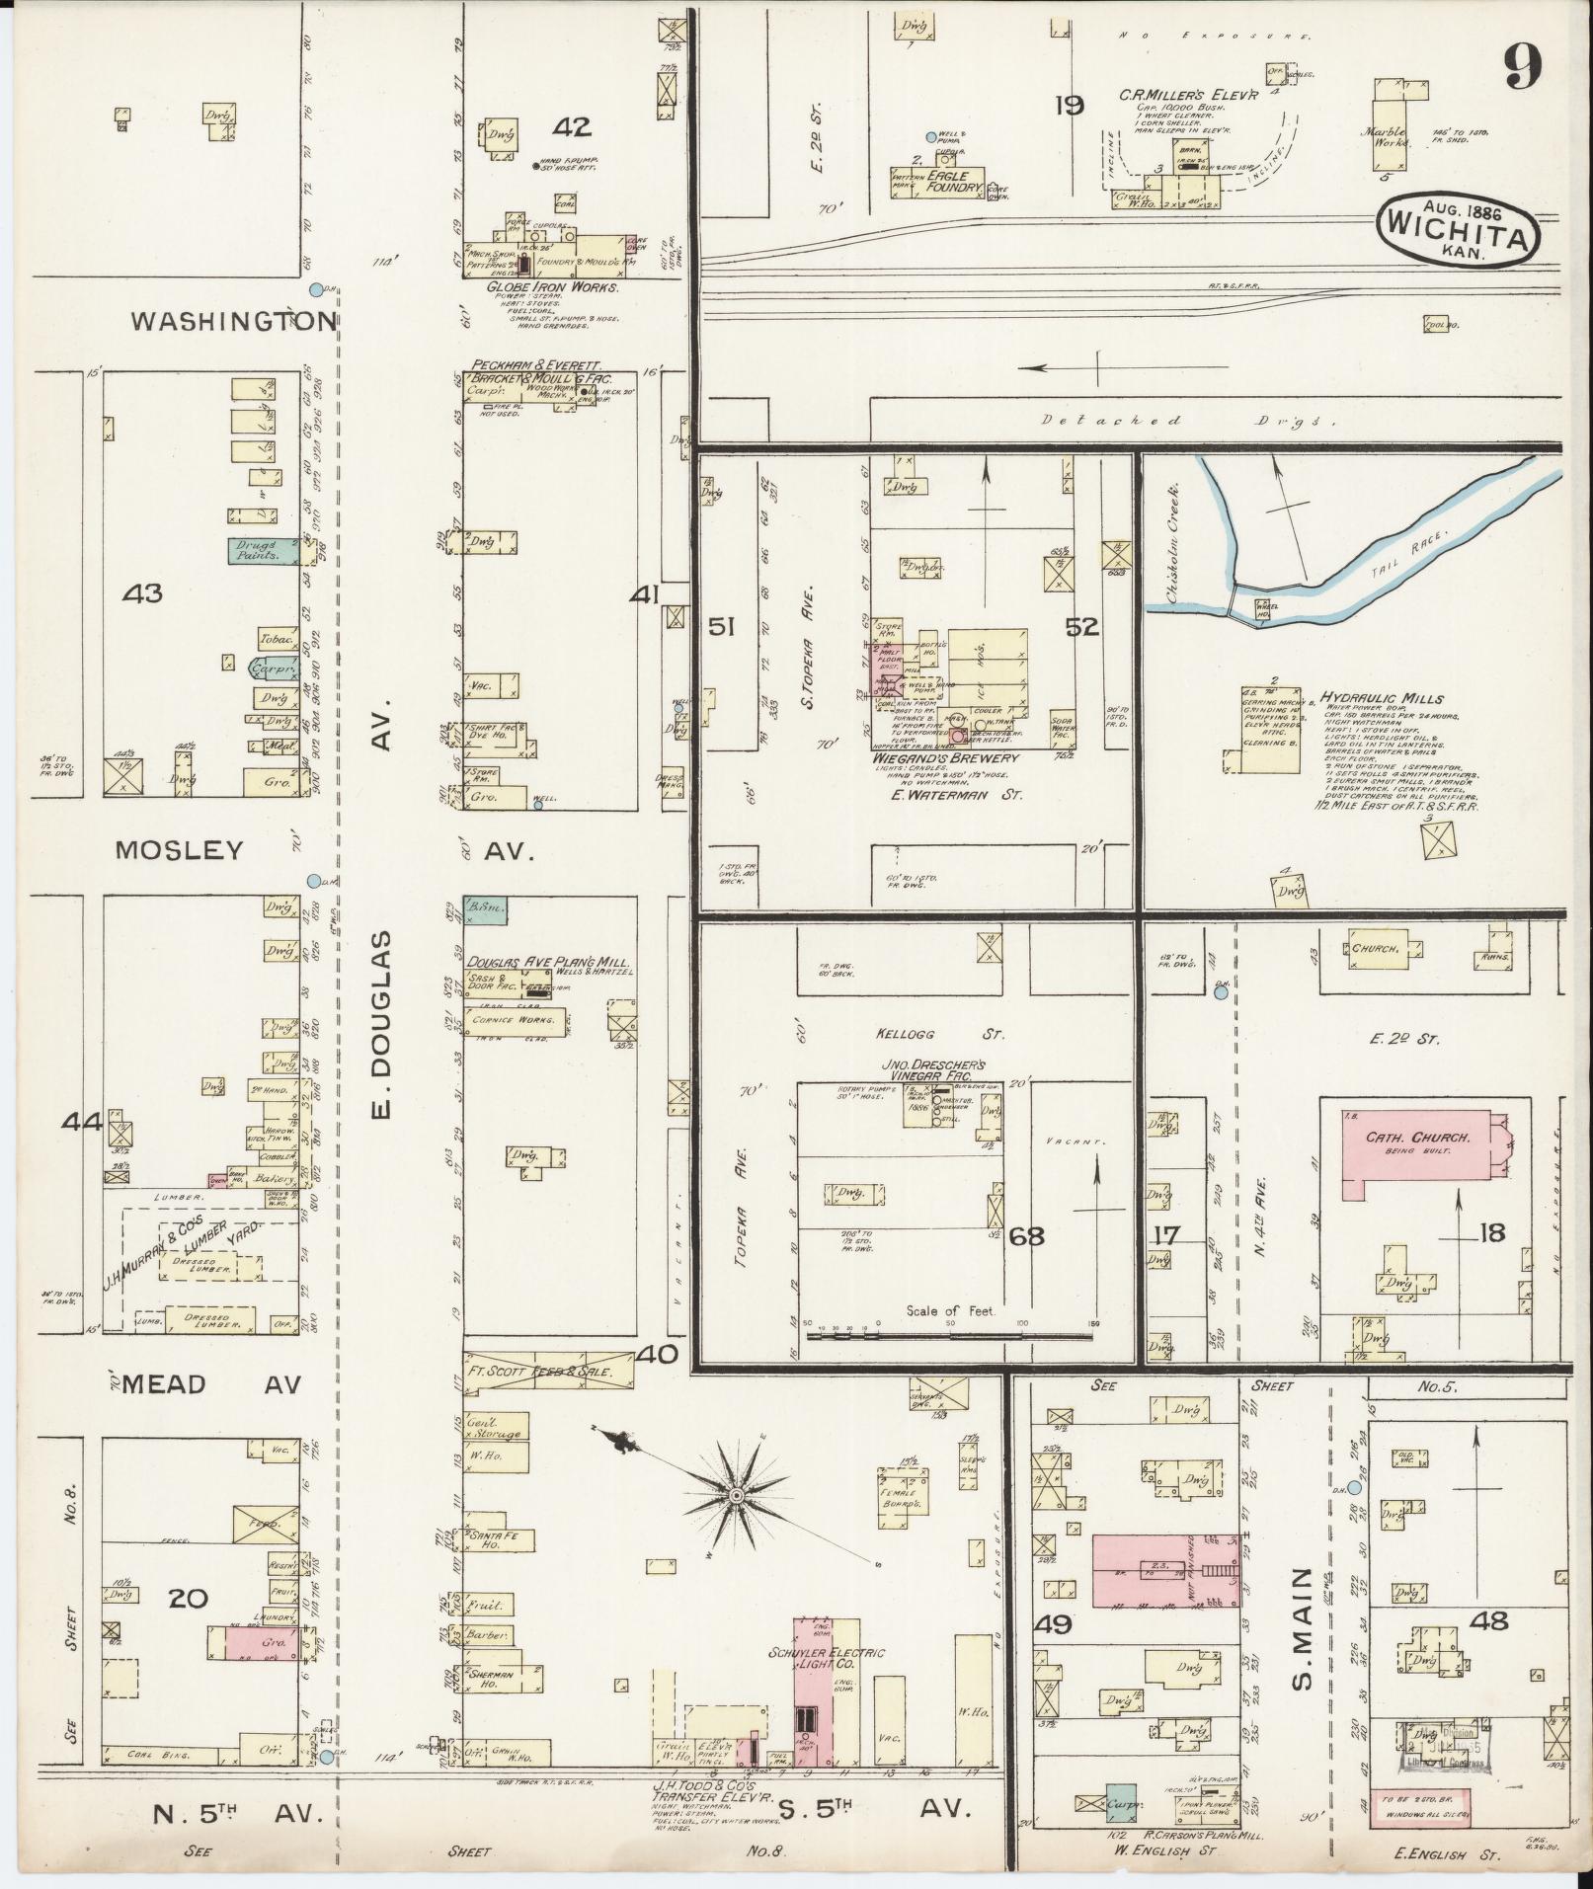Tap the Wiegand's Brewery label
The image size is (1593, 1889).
(945, 758)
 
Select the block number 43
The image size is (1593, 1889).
(142, 593)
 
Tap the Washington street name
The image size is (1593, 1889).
(235, 321)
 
